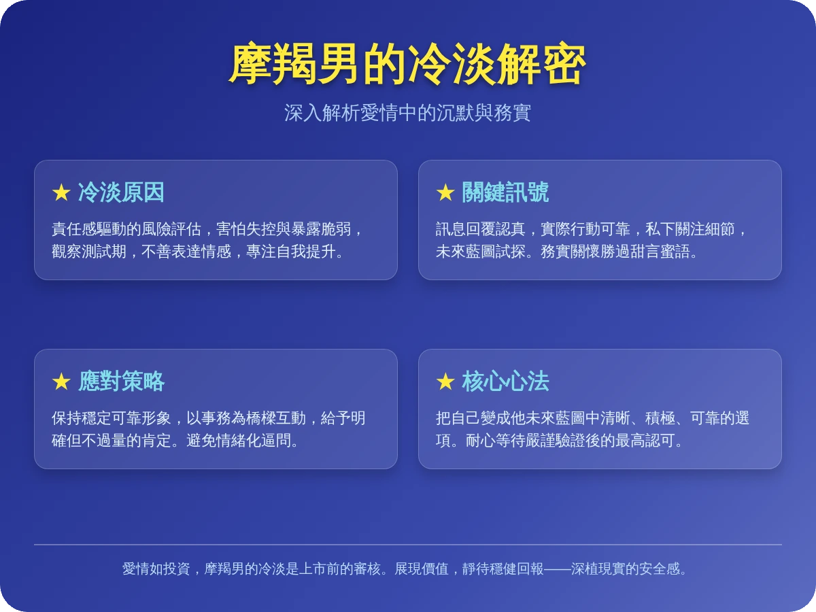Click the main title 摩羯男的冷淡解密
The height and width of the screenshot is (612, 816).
[x=407, y=65]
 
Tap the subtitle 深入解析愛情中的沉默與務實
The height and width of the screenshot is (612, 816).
[x=407, y=113]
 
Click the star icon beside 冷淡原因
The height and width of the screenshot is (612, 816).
[x=61, y=193]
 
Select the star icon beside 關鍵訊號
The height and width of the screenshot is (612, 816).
[x=445, y=193]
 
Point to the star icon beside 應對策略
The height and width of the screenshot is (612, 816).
[x=61, y=382]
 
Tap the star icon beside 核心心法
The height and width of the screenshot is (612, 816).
[x=445, y=382]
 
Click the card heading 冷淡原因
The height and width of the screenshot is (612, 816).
[x=121, y=193]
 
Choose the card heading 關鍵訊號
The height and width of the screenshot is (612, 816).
[x=505, y=193]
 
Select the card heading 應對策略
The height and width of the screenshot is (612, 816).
[x=121, y=382]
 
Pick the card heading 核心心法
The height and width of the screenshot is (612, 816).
[x=505, y=382]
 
